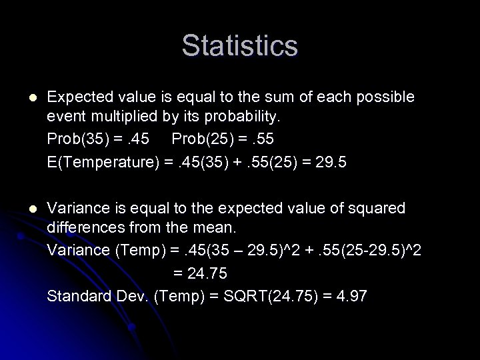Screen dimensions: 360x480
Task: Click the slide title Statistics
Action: coord(239,46)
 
